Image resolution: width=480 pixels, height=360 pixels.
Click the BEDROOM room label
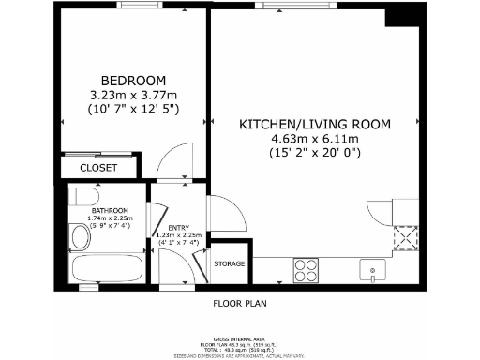pos(133,79)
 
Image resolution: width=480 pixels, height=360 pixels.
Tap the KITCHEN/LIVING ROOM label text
pos(315,124)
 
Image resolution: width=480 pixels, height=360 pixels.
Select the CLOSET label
pos(97,168)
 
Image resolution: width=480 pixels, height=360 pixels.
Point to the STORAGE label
pos(231,264)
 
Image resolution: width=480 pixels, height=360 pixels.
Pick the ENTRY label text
pos(177,228)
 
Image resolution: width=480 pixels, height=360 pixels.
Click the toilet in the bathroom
pos(83,198)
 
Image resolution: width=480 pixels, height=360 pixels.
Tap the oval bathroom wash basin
pos(81,236)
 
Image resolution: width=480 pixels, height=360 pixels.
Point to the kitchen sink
pos(373,270)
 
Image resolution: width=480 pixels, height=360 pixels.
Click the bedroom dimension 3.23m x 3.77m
pos(133,94)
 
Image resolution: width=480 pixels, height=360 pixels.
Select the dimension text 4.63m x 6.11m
pos(315,138)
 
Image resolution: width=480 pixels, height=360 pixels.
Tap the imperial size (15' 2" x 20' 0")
pos(315,152)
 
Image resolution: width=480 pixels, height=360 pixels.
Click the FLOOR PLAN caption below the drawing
pos(241,304)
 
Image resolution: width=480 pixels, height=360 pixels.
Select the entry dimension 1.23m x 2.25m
pos(177,235)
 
